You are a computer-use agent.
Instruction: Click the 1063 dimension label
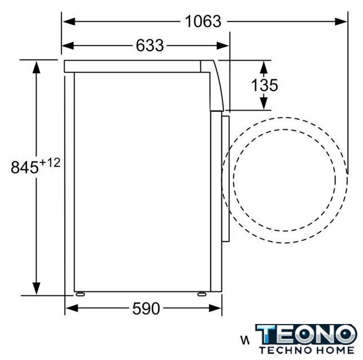(203, 21)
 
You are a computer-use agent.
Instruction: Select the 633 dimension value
(150, 46)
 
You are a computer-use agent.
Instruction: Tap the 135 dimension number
(265, 85)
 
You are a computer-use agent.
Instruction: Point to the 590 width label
(146, 308)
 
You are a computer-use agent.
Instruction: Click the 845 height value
(25, 167)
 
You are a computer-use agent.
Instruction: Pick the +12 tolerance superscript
(50, 163)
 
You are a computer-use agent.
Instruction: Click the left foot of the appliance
(80, 294)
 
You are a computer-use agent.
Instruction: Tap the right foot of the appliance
(201, 294)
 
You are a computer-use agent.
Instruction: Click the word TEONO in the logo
(306, 334)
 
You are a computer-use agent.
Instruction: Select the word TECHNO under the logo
(286, 350)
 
